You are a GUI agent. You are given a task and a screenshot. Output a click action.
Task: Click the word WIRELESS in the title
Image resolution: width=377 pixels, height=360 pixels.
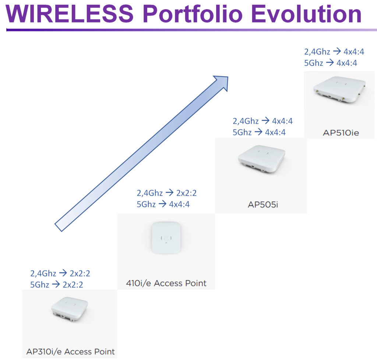[70, 14]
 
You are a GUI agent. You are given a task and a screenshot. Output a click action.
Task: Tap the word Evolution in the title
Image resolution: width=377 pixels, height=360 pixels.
[306, 14]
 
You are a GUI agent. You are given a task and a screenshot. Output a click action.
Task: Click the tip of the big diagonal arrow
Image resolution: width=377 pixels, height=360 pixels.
[228, 77]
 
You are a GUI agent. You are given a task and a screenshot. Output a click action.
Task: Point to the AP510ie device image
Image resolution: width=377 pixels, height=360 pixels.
[339, 90]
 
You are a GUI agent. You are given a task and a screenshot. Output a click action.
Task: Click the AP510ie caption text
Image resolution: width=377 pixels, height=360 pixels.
[341, 133]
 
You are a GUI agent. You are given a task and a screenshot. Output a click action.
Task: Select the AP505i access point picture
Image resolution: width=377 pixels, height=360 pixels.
[262, 159]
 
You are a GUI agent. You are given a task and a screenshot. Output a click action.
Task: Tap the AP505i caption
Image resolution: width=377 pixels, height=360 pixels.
[263, 205]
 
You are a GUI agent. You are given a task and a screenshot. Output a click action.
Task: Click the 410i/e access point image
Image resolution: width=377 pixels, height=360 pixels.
[166, 238]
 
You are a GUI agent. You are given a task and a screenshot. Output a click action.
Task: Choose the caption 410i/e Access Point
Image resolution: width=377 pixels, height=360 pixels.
[166, 283]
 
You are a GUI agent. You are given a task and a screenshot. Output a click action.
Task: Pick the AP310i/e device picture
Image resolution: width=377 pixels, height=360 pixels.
[70, 309]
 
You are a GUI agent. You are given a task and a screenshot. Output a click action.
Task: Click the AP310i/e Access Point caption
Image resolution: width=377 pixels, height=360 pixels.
[70, 352]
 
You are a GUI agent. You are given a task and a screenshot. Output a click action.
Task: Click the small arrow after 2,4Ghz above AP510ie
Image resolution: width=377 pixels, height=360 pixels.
[337, 51]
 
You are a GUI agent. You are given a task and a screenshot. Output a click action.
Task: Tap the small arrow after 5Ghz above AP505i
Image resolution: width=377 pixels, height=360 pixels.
[258, 132]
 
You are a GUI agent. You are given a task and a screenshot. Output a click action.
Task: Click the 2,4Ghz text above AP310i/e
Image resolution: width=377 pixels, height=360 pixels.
[43, 273]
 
